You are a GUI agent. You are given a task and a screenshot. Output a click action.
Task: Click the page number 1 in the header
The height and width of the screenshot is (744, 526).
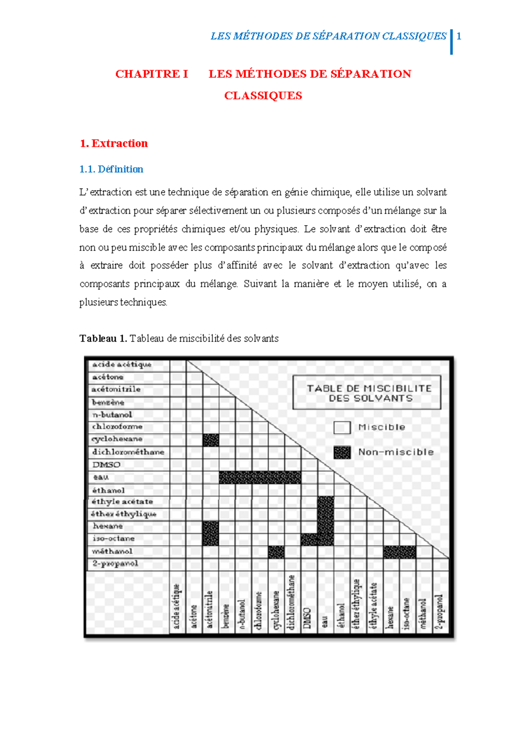[459, 36]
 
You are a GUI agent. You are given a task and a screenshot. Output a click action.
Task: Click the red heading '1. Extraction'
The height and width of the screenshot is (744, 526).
[114, 143]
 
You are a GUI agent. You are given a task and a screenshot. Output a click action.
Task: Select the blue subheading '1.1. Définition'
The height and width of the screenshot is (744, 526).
[111, 169]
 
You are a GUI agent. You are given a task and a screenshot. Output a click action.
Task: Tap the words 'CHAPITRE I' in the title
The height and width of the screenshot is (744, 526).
[152, 74]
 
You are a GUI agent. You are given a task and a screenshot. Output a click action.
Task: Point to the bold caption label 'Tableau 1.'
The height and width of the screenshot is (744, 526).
[103, 338]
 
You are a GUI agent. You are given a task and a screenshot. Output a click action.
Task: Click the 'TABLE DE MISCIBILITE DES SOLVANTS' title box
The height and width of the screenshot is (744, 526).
[366, 393]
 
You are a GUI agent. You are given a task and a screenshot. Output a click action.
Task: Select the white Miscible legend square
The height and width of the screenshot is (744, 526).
[342, 427]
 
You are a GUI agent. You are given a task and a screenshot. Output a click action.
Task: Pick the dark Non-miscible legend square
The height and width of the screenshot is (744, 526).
[342, 452]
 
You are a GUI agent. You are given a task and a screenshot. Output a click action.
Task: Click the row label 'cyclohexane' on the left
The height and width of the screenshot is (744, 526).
[117, 439]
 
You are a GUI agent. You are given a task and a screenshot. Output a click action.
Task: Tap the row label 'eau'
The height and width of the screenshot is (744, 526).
[101, 477]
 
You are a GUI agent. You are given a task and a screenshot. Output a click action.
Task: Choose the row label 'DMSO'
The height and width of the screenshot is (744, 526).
[106, 464]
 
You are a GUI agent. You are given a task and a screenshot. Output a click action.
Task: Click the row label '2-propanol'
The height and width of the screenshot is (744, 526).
[115, 563]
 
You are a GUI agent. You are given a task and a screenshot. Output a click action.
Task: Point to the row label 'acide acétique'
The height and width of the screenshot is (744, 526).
[122, 365]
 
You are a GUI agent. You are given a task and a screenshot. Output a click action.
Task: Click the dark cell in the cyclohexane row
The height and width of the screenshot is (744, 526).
[211, 440]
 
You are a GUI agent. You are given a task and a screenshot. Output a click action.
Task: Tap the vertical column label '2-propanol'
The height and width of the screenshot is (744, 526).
[439, 612]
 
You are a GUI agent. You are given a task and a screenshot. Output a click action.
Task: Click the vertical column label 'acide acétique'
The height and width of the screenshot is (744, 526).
[177, 606]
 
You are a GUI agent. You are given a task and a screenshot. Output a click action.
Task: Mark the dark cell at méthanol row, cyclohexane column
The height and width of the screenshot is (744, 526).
[276, 552]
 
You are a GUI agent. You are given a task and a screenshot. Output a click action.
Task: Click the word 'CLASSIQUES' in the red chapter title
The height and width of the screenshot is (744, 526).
[263, 96]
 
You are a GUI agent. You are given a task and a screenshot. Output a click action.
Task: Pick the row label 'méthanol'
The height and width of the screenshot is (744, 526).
[112, 551]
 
